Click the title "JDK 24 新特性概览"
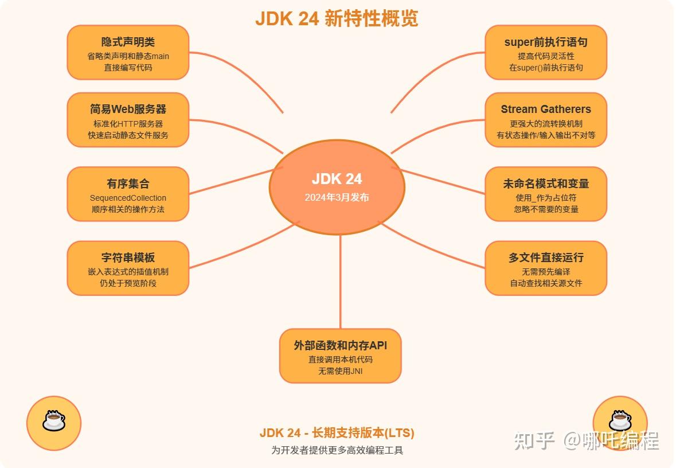(x=337, y=18)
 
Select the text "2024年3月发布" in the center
(x=337, y=197)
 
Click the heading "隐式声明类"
(x=128, y=42)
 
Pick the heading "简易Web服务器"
(x=128, y=109)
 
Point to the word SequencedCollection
(x=128, y=198)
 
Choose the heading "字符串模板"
(x=128, y=258)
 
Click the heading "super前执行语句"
(x=546, y=42)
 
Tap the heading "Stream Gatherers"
(x=546, y=109)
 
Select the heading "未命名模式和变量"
(x=546, y=184)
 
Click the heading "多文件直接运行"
(x=546, y=258)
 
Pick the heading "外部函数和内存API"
(x=341, y=345)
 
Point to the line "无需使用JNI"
(x=341, y=371)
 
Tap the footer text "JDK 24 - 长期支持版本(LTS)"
(x=337, y=433)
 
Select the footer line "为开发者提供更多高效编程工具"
(x=337, y=450)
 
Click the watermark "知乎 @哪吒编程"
(x=586, y=440)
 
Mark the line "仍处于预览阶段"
(x=128, y=283)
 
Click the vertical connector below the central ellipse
(x=341, y=281)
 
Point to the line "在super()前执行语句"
(x=546, y=68)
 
